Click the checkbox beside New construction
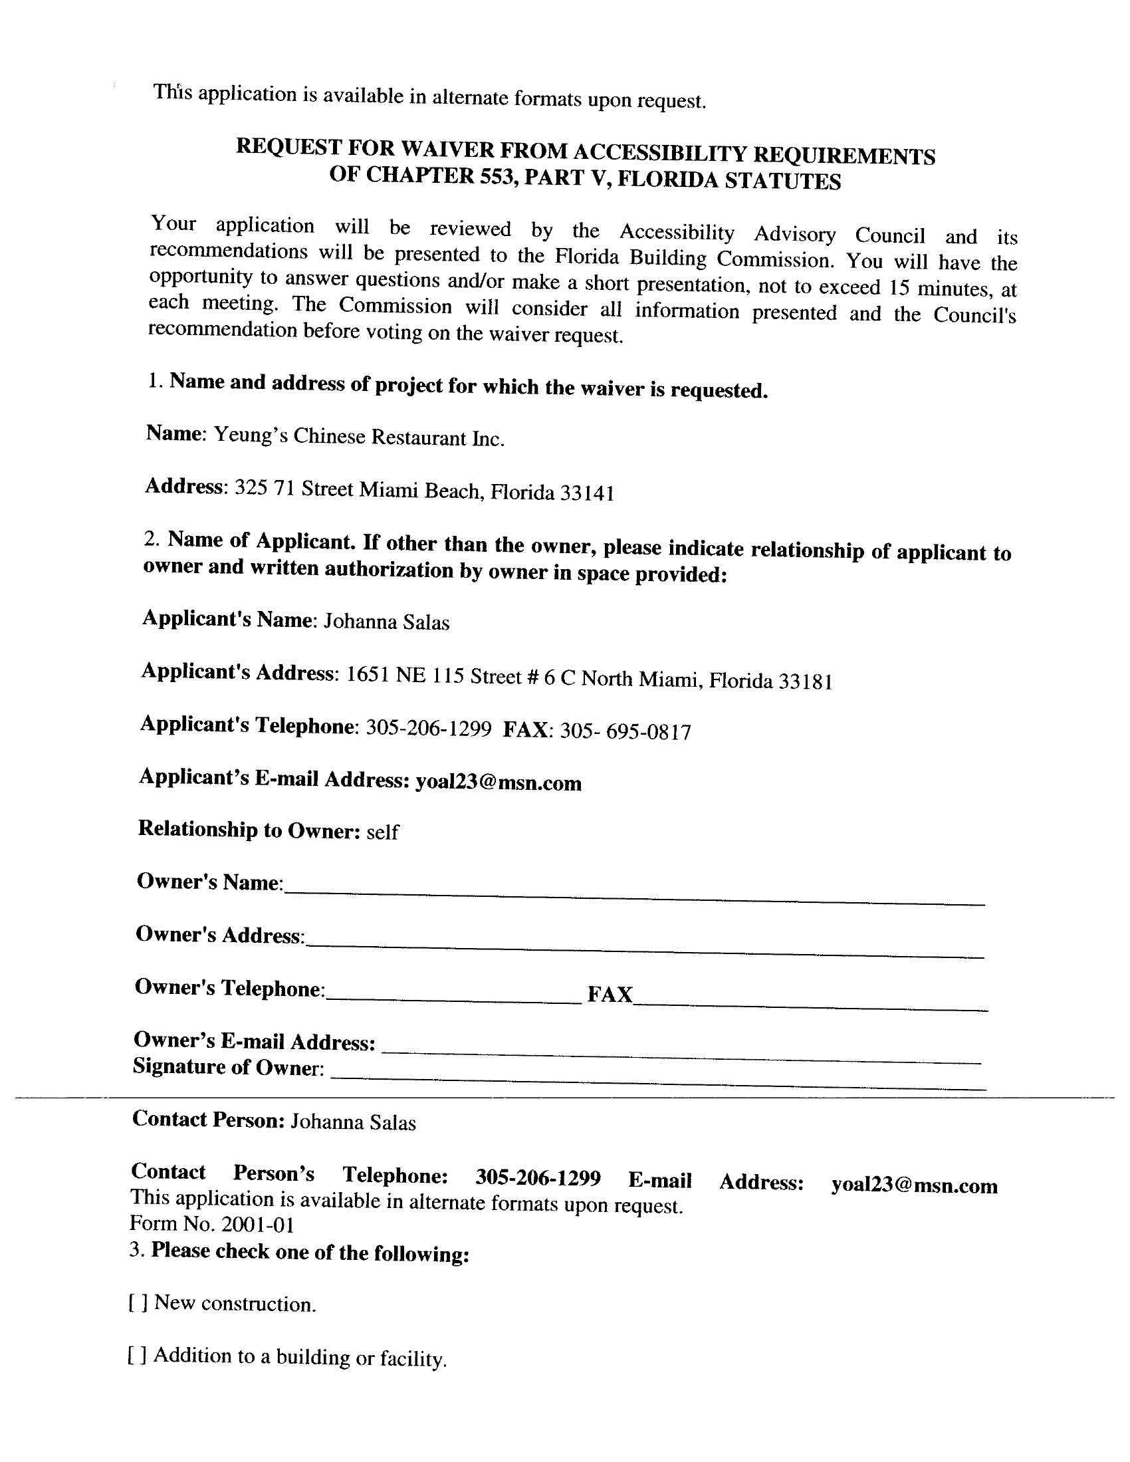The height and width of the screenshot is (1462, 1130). (x=138, y=1302)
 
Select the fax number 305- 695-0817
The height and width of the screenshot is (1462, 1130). (x=625, y=732)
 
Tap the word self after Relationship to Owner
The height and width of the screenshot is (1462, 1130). (x=382, y=832)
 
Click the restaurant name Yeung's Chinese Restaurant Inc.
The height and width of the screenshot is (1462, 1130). (x=358, y=437)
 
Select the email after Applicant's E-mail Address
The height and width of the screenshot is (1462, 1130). (x=498, y=783)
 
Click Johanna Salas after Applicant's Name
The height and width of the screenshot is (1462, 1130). (x=386, y=622)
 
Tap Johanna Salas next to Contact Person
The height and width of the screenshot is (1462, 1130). (x=353, y=1123)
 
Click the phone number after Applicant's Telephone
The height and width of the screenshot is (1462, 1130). (x=429, y=728)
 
